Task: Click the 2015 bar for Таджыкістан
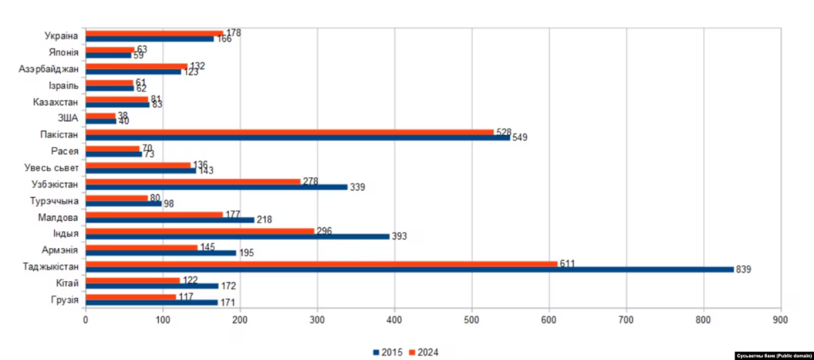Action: pyautogui.click(x=409, y=269)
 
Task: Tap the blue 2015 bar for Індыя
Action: pyautogui.click(x=237, y=236)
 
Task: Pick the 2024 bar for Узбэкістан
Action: pyautogui.click(x=192, y=181)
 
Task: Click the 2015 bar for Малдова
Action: pyautogui.click(x=169, y=219)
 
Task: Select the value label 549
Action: pyautogui.click(x=519, y=137)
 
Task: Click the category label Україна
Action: pyautogui.click(x=60, y=36)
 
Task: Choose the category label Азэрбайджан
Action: pyautogui.click(x=48, y=69)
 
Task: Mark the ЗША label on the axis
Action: pyautogui.click(x=68, y=118)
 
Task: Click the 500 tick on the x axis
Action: pyautogui.click(x=471, y=319)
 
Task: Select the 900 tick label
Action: pyautogui.click(x=780, y=319)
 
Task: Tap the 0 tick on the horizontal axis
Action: pyautogui.click(x=86, y=319)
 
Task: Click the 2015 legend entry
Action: pyautogui.click(x=388, y=350)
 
